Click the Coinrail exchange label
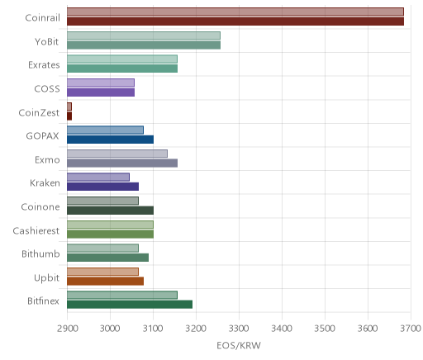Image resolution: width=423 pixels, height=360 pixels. pos(42,18)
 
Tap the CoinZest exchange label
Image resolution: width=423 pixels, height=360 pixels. pos(39,112)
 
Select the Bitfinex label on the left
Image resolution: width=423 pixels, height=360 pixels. pos(43,301)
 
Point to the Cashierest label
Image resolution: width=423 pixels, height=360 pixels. pos(36,230)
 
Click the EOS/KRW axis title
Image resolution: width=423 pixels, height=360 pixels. pos(239,345)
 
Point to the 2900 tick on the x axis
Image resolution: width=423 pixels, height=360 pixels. pos(68,329)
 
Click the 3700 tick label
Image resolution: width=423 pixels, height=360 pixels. pos(411,329)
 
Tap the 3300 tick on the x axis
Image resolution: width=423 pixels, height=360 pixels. pos(239,329)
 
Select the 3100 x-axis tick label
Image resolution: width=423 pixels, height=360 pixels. pos(153,329)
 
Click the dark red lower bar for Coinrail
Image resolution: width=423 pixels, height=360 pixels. pos(235,21)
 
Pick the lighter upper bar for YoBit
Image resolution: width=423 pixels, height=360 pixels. pos(144,36)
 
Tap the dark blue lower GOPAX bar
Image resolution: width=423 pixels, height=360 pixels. pos(111,140)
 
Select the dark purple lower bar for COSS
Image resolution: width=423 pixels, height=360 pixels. pos(101,92)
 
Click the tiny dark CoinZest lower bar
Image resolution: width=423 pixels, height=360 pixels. pos(69,116)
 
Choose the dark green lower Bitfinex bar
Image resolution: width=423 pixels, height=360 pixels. pos(130,305)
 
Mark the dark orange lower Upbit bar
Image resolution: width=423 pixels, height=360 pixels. pos(106,281)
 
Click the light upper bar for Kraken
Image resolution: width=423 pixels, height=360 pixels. pos(98,177)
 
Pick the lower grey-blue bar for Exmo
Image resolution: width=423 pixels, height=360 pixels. pos(122,163)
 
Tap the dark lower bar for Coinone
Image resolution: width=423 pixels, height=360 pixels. pos(111,211)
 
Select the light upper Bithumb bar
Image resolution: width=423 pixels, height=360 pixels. pos(103,248)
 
